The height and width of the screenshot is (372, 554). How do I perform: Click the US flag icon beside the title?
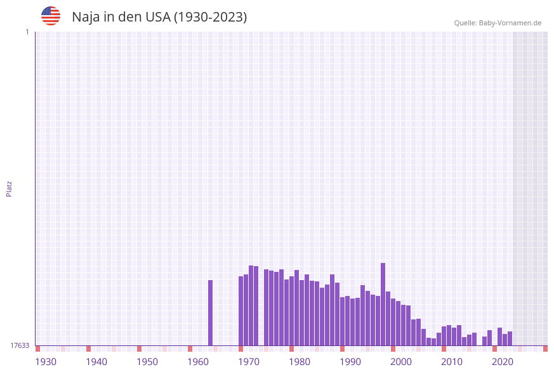click(51, 16)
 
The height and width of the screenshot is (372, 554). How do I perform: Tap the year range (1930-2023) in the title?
click(210, 17)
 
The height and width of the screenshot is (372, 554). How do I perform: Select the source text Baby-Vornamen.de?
click(510, 23)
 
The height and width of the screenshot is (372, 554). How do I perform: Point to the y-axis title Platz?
click(10, 189)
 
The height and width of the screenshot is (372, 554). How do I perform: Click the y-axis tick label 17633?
click(20, 345)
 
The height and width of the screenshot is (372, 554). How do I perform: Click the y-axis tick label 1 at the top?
click(27, 32)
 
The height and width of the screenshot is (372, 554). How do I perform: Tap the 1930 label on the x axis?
click(46, 362)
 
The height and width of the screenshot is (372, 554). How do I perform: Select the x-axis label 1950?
click(147, 362)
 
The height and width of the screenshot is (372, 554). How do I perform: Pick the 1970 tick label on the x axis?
click(249, 362)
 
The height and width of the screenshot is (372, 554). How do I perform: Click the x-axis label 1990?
click(350, 362)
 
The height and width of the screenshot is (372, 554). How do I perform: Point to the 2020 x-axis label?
click(503, 362)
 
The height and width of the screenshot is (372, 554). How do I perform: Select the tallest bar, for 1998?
click(383, 304)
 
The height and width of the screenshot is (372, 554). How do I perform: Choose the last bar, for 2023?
click(510, 338)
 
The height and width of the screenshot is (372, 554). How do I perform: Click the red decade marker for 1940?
click(88, 349)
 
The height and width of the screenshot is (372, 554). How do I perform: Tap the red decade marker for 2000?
click(393, 349)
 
